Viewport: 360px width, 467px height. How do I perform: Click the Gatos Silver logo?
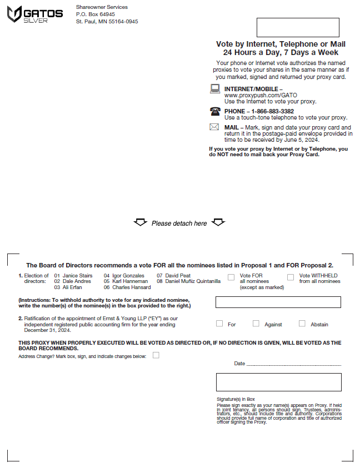[34, 14]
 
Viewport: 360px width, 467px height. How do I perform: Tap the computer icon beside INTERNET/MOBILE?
[215, 89]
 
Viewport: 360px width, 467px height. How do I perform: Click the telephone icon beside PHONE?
[215, 111]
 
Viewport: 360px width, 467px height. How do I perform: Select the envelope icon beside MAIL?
[214, 127]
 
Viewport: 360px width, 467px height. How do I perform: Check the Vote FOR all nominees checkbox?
[231, 277]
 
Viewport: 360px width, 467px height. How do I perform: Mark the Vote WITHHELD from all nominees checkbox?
[291, 277]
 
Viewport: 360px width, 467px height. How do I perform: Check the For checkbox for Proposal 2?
[219, 324]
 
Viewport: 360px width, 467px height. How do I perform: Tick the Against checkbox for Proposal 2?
[256, 324]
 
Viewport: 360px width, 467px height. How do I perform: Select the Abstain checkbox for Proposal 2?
[302, 324]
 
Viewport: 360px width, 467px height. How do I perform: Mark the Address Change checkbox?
[156, 355]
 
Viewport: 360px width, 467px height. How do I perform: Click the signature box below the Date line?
[278, 382]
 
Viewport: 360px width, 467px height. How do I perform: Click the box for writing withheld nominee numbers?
[278, 302]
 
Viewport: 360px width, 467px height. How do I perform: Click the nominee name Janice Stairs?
[77, 276]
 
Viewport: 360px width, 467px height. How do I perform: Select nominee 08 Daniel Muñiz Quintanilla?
[193, 281]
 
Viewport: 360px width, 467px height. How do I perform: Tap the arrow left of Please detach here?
[140, 223]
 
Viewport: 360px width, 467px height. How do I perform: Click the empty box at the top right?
[298, 27]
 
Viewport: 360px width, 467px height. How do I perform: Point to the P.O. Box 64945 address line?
[96, 14]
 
